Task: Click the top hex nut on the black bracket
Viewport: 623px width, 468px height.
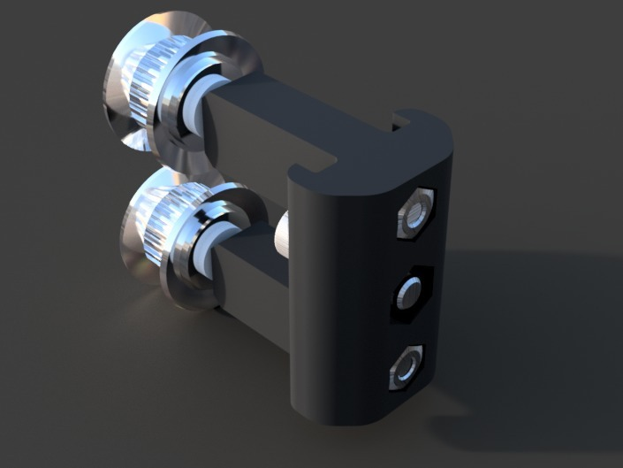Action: click(416, 213)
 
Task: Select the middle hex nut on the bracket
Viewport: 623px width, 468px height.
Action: click(410, 291)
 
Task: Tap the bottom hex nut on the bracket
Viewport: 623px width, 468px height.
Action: click(406, 367)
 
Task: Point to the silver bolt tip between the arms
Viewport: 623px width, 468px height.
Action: click(284, 232)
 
